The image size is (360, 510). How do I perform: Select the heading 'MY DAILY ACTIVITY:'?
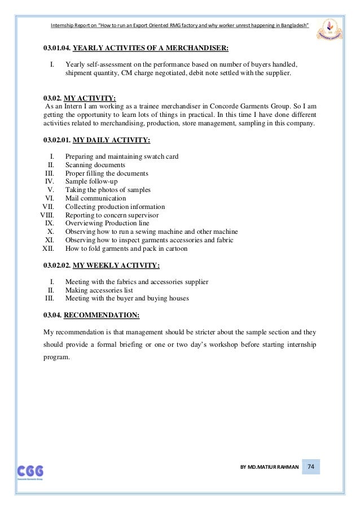coord(112,140)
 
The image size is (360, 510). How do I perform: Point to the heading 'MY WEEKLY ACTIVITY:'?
coord(116,265)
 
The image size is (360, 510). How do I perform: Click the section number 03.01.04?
coord(57,49)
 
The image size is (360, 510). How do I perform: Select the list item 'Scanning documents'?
coord(95,165)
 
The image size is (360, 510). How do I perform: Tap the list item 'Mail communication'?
coord(95,198)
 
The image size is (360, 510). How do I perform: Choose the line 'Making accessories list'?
coord(102,290)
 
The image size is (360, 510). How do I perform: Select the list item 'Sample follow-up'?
coord(91,181)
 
